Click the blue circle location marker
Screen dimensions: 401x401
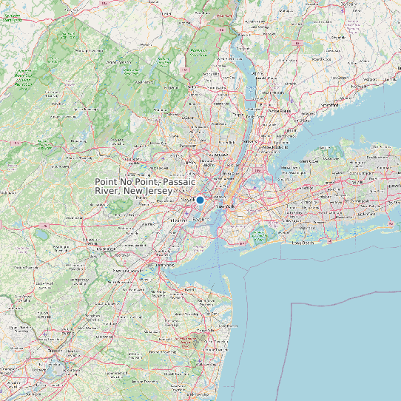(200, 200)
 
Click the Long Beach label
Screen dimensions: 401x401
(303, 242)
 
